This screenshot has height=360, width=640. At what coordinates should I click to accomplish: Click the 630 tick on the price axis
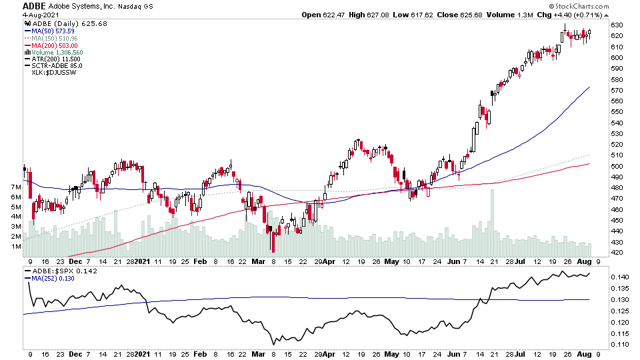tap(616, 25)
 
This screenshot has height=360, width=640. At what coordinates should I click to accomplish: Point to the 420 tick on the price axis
tap(616, 253)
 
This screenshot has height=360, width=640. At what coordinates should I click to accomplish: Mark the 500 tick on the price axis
tap(616, 166)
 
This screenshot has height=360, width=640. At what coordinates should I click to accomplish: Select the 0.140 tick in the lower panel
tap(618, 277)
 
